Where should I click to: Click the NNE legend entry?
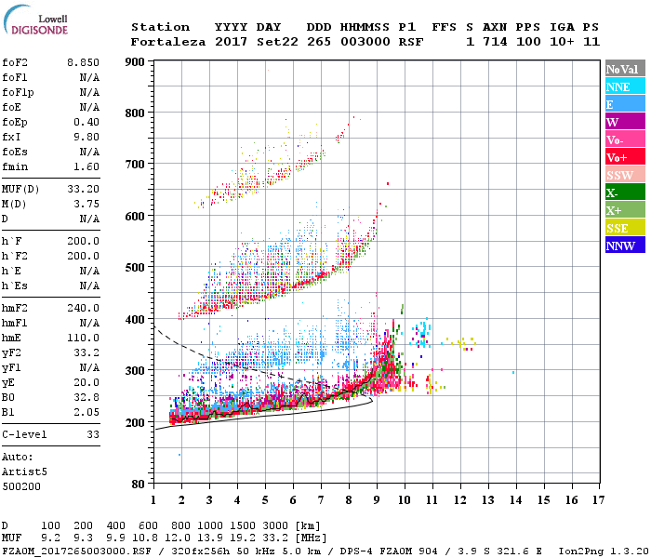pyautogui.click(x=624, y=86)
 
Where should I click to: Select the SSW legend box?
pyautogui.click(x=624, y=175)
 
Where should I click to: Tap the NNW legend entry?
pyautogui.click(x=624, y=246)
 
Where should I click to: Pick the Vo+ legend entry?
pyautogui.click(x=624, y=157)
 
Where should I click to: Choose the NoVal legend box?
pyautogui.click(x=624, y=69)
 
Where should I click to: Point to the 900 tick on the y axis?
pyautogui.click(x=136, y=62)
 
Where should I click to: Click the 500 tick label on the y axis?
pyautogui.click(x=136, y=268)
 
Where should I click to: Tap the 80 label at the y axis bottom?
pyautogui.click(x=139, y=485)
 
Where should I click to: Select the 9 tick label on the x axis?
pyautogui.click(x=377, y=500)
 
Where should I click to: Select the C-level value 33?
pyautogui.click(x=93, y=435)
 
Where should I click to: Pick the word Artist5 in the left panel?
pyautogui.click(x=26, y=472)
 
